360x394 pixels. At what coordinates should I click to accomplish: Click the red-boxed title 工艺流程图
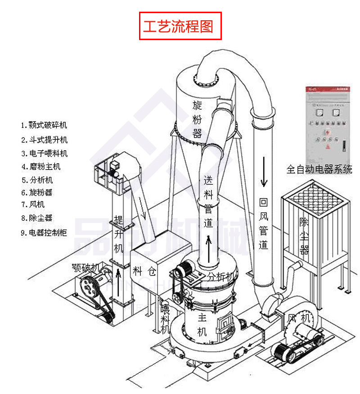click(180, 26)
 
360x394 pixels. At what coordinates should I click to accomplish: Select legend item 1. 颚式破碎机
click(44, 125)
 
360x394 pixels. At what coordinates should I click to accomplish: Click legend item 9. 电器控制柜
click(44, 233)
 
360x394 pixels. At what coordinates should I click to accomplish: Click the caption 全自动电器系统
click(319, 170)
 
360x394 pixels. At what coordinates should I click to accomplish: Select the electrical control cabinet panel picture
click(327, 124)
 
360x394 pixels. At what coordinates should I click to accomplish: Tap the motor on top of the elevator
click(113, 167)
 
